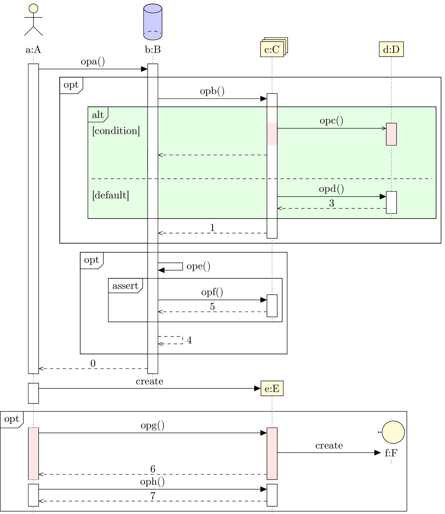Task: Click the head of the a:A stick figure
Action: click(x=33, y=8)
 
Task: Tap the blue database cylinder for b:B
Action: click(x=153, y=22)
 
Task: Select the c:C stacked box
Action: click(x=272, y=49)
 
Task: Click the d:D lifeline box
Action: click(x=391, y=49)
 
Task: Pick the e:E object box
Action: click(x=272, y=388)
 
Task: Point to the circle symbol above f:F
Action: click(x=393, y=432)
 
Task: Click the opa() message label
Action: click(x=92, y=61)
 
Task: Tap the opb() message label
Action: click(x=212, y=91)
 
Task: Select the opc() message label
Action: click(x=331, y=121)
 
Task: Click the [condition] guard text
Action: click(x=116, y=131)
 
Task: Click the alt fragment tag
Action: click(x=98, y=115)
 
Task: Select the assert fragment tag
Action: click(x=125, y=286)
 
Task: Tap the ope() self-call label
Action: click(x=198, y=266)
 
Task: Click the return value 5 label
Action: click(x=212, y=307)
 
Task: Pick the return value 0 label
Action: click(x=93, y=364)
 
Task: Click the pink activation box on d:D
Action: click(x=391, y=134)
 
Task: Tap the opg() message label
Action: click(x=152, y=426)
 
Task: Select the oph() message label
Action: click(x=152, y=482)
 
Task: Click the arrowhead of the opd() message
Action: click(x=383, y=197)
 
